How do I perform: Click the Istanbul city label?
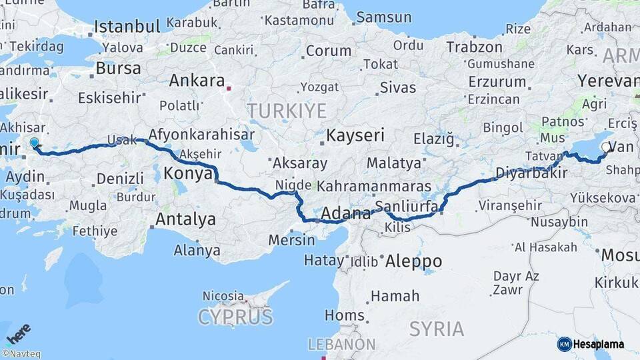pos(127,27)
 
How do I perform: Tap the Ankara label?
pos(197,81)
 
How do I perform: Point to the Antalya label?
pos(185,219)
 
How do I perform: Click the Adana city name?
pos(345,214)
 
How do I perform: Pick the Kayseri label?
pos(355,135)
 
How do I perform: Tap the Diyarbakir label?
pos(531,173)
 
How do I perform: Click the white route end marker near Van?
pos(605,147)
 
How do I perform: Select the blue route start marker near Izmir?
pos(35,142)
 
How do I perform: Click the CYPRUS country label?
pos(235,317)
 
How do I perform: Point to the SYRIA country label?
pos(437,328)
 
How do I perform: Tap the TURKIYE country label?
pos(287,110)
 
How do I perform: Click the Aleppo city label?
pos(413,261)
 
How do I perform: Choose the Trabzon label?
pos(474,47)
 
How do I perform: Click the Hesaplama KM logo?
pos(591,344)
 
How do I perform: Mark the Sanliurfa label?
pos(406,206)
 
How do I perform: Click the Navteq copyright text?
pos(21,354)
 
